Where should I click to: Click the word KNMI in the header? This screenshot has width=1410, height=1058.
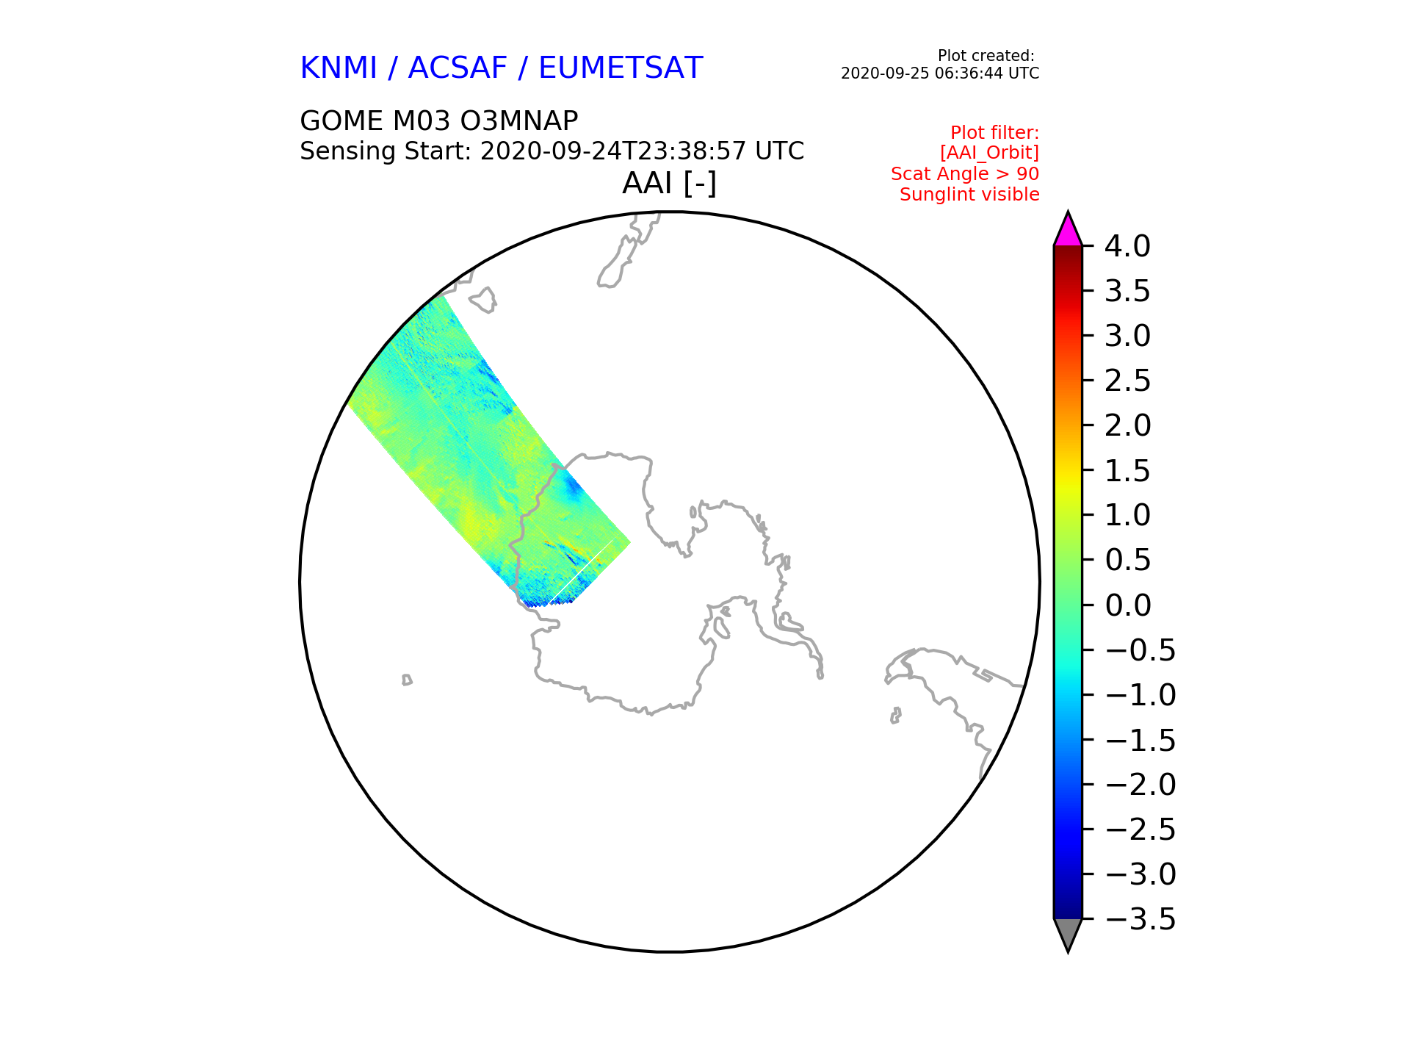pyautogui.click(x=339, y=68)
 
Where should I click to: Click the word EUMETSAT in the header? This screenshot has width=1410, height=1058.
pyautogui.click(x=621, y=68)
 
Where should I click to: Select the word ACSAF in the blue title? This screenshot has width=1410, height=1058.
pyautogui.click(x=458, y=68)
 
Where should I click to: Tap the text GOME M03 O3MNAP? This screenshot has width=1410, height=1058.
pyautogui.click(x=439, y=120)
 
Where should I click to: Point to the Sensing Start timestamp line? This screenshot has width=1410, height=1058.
pyautogui.click(x=552, y=151)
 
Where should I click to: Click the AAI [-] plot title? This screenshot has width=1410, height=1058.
pyautogui.click(x=669, y=183)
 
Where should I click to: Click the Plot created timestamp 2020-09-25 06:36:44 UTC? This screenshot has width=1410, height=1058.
pyautogui.click(x=940, y=73)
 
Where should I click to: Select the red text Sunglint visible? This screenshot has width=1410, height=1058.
pyautogui.click(x=969, y=195)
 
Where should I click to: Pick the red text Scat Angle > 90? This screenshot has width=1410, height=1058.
pyautogui.click(x=965, y=174)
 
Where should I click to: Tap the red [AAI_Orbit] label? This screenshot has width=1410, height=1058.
pyautogui.click(x=989, y=153)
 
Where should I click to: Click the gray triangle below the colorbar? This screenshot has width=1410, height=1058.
pyautogui.click(x=1068, y=933)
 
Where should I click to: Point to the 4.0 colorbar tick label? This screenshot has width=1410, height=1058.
pyautogui.click(x=1127, y=246)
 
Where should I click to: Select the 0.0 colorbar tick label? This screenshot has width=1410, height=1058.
pyautogui.click(x=1127, y=605)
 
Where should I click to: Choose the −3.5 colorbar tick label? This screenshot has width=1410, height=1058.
pyautogui.click(x=1140, y=919)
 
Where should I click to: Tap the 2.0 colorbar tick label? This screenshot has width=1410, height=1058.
pyautogui.click(x=1127, y=425)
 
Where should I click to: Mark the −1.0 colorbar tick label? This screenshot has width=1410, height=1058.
pyautogui.click(x=1140, y=695)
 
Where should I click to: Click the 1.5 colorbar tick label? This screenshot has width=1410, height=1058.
pyautogui.click(x=1127, y=471)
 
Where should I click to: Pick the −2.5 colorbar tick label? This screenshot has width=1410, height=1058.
pyautogui.click(x=1140, y=830)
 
